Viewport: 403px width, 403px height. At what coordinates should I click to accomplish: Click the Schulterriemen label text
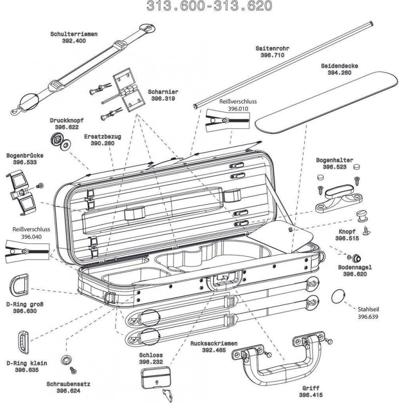pyautogui.click(x=74, y=34)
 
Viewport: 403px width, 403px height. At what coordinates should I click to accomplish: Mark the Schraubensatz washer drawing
pyautogui.click(x=65, y=360)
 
